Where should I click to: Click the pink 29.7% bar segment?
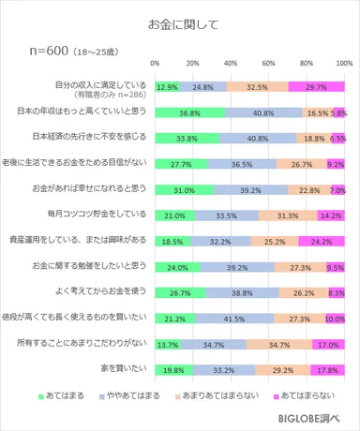(x=317, y=86)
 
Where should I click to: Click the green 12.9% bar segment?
(x=169, y=86)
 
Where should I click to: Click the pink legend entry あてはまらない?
(x=307, y=398)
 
